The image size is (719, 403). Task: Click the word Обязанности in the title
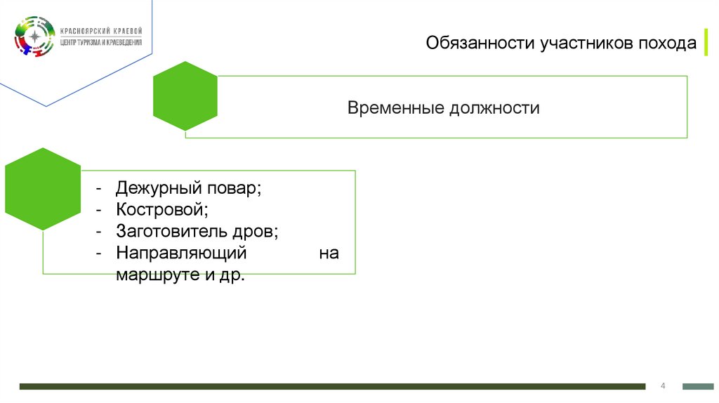pyautogui.click(x=480, y=44)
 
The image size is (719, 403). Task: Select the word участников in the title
pyautogui.click(x=586, y=44)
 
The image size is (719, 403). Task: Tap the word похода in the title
pyautogui.click(x=668, y=44)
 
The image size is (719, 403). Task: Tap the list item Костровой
pyautogui.click(x=161, y=210)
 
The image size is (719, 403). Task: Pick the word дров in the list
pyautogui.click(x=256, y=231)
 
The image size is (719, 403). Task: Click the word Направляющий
pyautogui.click(x=181, y=252)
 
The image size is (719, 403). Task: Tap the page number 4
pyautogui.click(x=663, y=386)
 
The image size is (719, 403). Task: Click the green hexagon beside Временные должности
pyautogui.click(x=185, y=96)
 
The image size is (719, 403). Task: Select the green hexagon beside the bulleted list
pyautogui.click(x=44, y=189)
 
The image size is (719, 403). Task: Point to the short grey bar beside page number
pyautogui.click(x=698, y=386)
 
